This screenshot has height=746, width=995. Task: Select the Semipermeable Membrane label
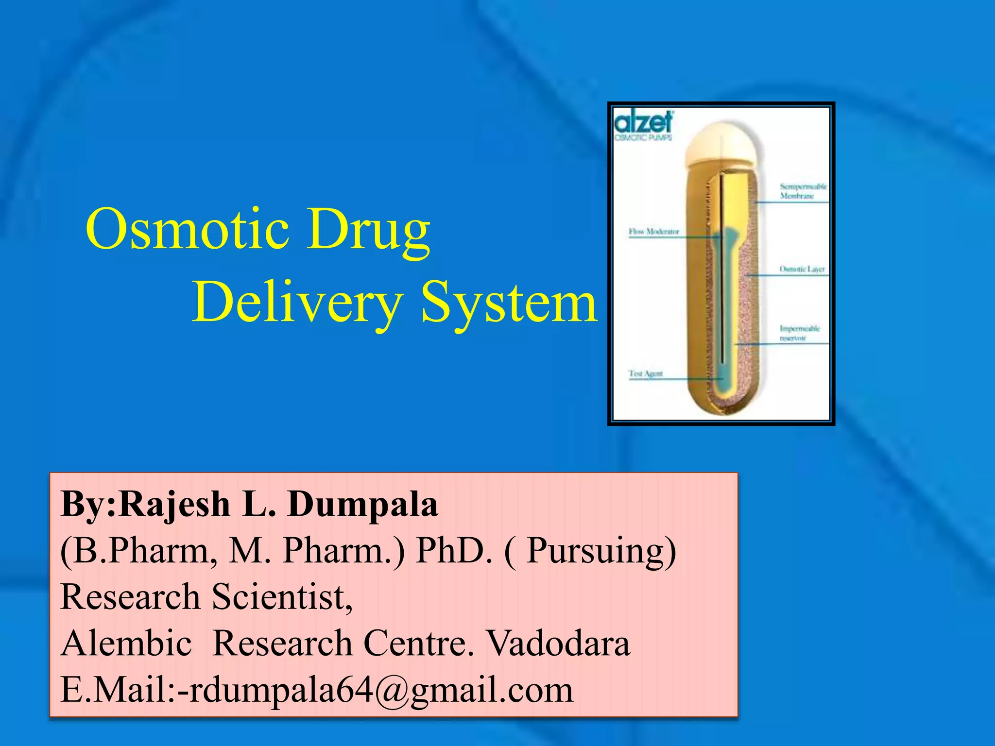[x=803, y=191]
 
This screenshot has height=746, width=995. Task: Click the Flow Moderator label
[x=653, y=232]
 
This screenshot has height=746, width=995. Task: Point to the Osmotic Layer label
[x=802, y=269]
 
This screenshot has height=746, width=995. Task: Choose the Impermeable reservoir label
[x=799, y=333]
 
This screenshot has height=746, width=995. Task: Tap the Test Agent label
[x=646, y=373]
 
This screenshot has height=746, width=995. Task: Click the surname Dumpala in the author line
[x=362, y=504]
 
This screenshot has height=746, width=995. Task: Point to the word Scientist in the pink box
[x=282, y=596]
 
